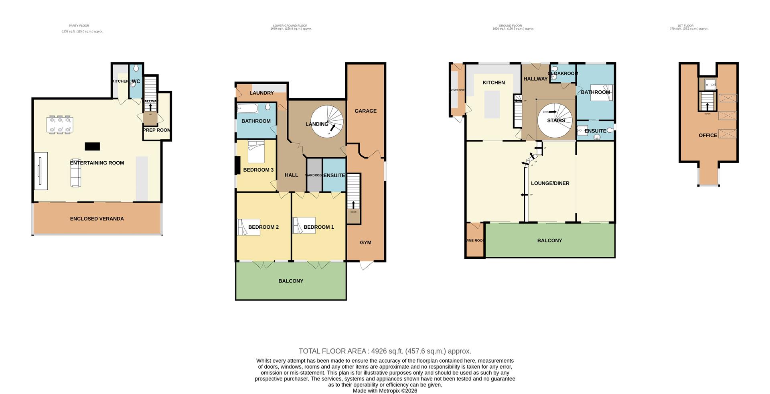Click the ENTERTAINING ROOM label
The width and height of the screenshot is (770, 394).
[x=97, y=163]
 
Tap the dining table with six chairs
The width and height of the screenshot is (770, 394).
[x=60, y=124]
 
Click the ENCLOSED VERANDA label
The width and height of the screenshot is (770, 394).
[x=97, y=219]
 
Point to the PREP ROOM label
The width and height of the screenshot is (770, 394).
[x=156, y=130]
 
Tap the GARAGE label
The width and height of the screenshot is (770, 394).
[x=365, y=111]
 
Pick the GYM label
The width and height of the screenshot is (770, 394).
[x=365, y=242]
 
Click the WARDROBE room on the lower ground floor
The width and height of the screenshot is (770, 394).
[x=314, y=175]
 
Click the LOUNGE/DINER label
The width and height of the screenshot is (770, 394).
[x=550, y=183]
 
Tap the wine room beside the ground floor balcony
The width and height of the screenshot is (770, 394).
[x=475, y=240]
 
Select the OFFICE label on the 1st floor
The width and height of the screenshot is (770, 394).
[x=707, y=135]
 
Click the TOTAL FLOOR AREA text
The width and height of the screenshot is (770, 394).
[x=385, y=351]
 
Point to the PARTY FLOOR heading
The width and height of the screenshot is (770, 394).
[x=79, y=26]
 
